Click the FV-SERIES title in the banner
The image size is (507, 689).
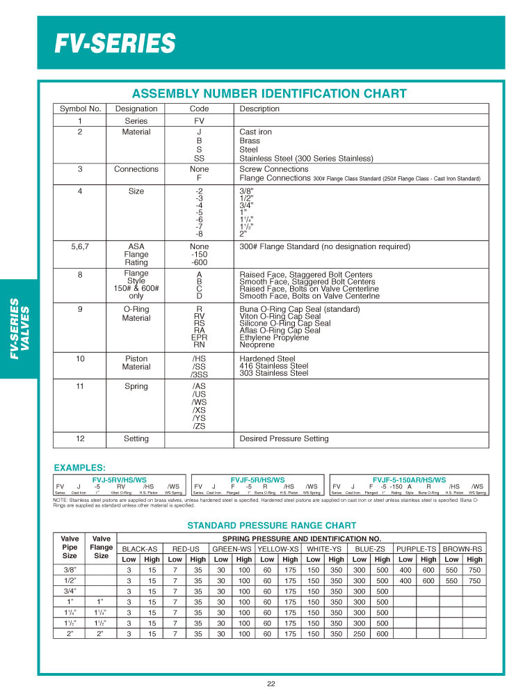click(115, 43)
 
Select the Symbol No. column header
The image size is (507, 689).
click(81, 109)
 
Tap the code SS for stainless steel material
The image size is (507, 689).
click(199, 158)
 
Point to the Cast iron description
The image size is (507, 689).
click(256, 132)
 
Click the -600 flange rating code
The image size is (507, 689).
click(199, 263)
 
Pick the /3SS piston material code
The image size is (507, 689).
click(199, 374)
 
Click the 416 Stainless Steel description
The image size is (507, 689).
click(274, 366)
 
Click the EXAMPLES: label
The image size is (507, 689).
click(80, 468)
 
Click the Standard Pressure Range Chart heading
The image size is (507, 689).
click(272, 525)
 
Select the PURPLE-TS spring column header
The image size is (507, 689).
click(417, 549)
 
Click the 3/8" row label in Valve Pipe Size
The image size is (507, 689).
click(70, 570)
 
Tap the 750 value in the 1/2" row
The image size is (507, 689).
click(474, 580)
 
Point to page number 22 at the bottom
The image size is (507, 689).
click(271, 683)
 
